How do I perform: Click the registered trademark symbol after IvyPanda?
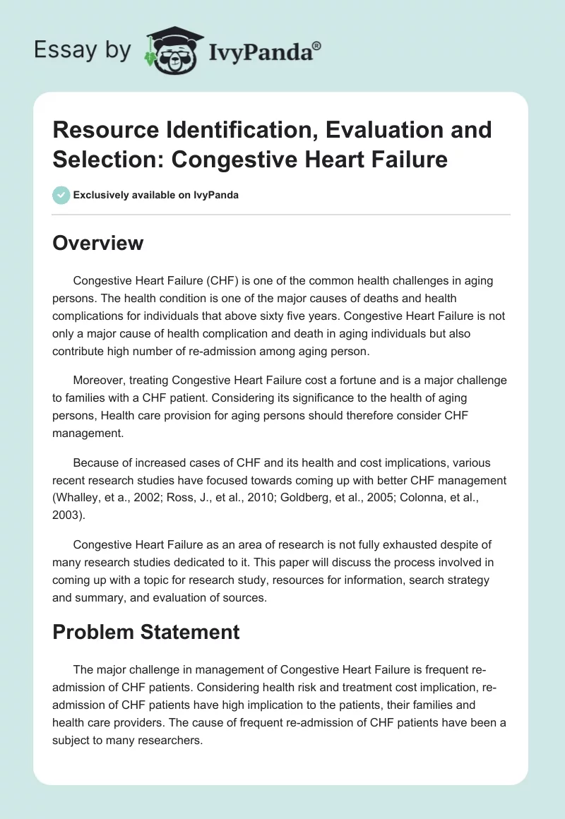coord(316,46)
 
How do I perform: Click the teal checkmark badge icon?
coord(62,195)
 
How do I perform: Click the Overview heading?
coord(98,243)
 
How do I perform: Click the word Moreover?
coord(98,381)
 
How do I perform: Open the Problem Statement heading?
coord(146,631)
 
